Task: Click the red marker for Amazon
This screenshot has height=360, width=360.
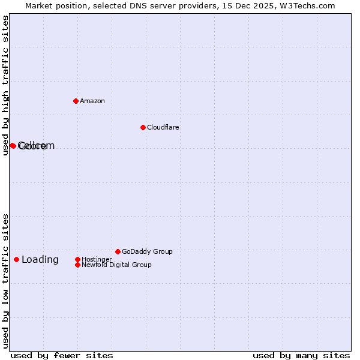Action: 76,101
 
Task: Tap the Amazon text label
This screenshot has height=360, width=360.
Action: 92,101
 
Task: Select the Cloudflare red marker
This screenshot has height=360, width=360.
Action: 143,127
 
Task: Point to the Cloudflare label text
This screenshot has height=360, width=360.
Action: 163,127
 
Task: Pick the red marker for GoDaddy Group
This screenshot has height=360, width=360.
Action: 118,251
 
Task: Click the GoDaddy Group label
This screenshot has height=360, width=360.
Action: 147,251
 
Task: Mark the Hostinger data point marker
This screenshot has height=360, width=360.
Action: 77,259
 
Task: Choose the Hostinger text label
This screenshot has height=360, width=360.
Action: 97,259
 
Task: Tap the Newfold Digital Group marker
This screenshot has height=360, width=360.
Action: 77,265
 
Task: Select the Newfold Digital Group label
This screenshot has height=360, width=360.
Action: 116,265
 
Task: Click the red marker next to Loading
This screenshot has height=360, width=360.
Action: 16,259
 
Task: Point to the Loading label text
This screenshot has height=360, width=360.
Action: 40,259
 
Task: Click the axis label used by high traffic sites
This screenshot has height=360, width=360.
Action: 5,85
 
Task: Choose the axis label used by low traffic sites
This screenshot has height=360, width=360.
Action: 5,280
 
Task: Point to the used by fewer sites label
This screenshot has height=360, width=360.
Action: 62,355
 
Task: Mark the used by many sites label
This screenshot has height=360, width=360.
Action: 301,355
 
